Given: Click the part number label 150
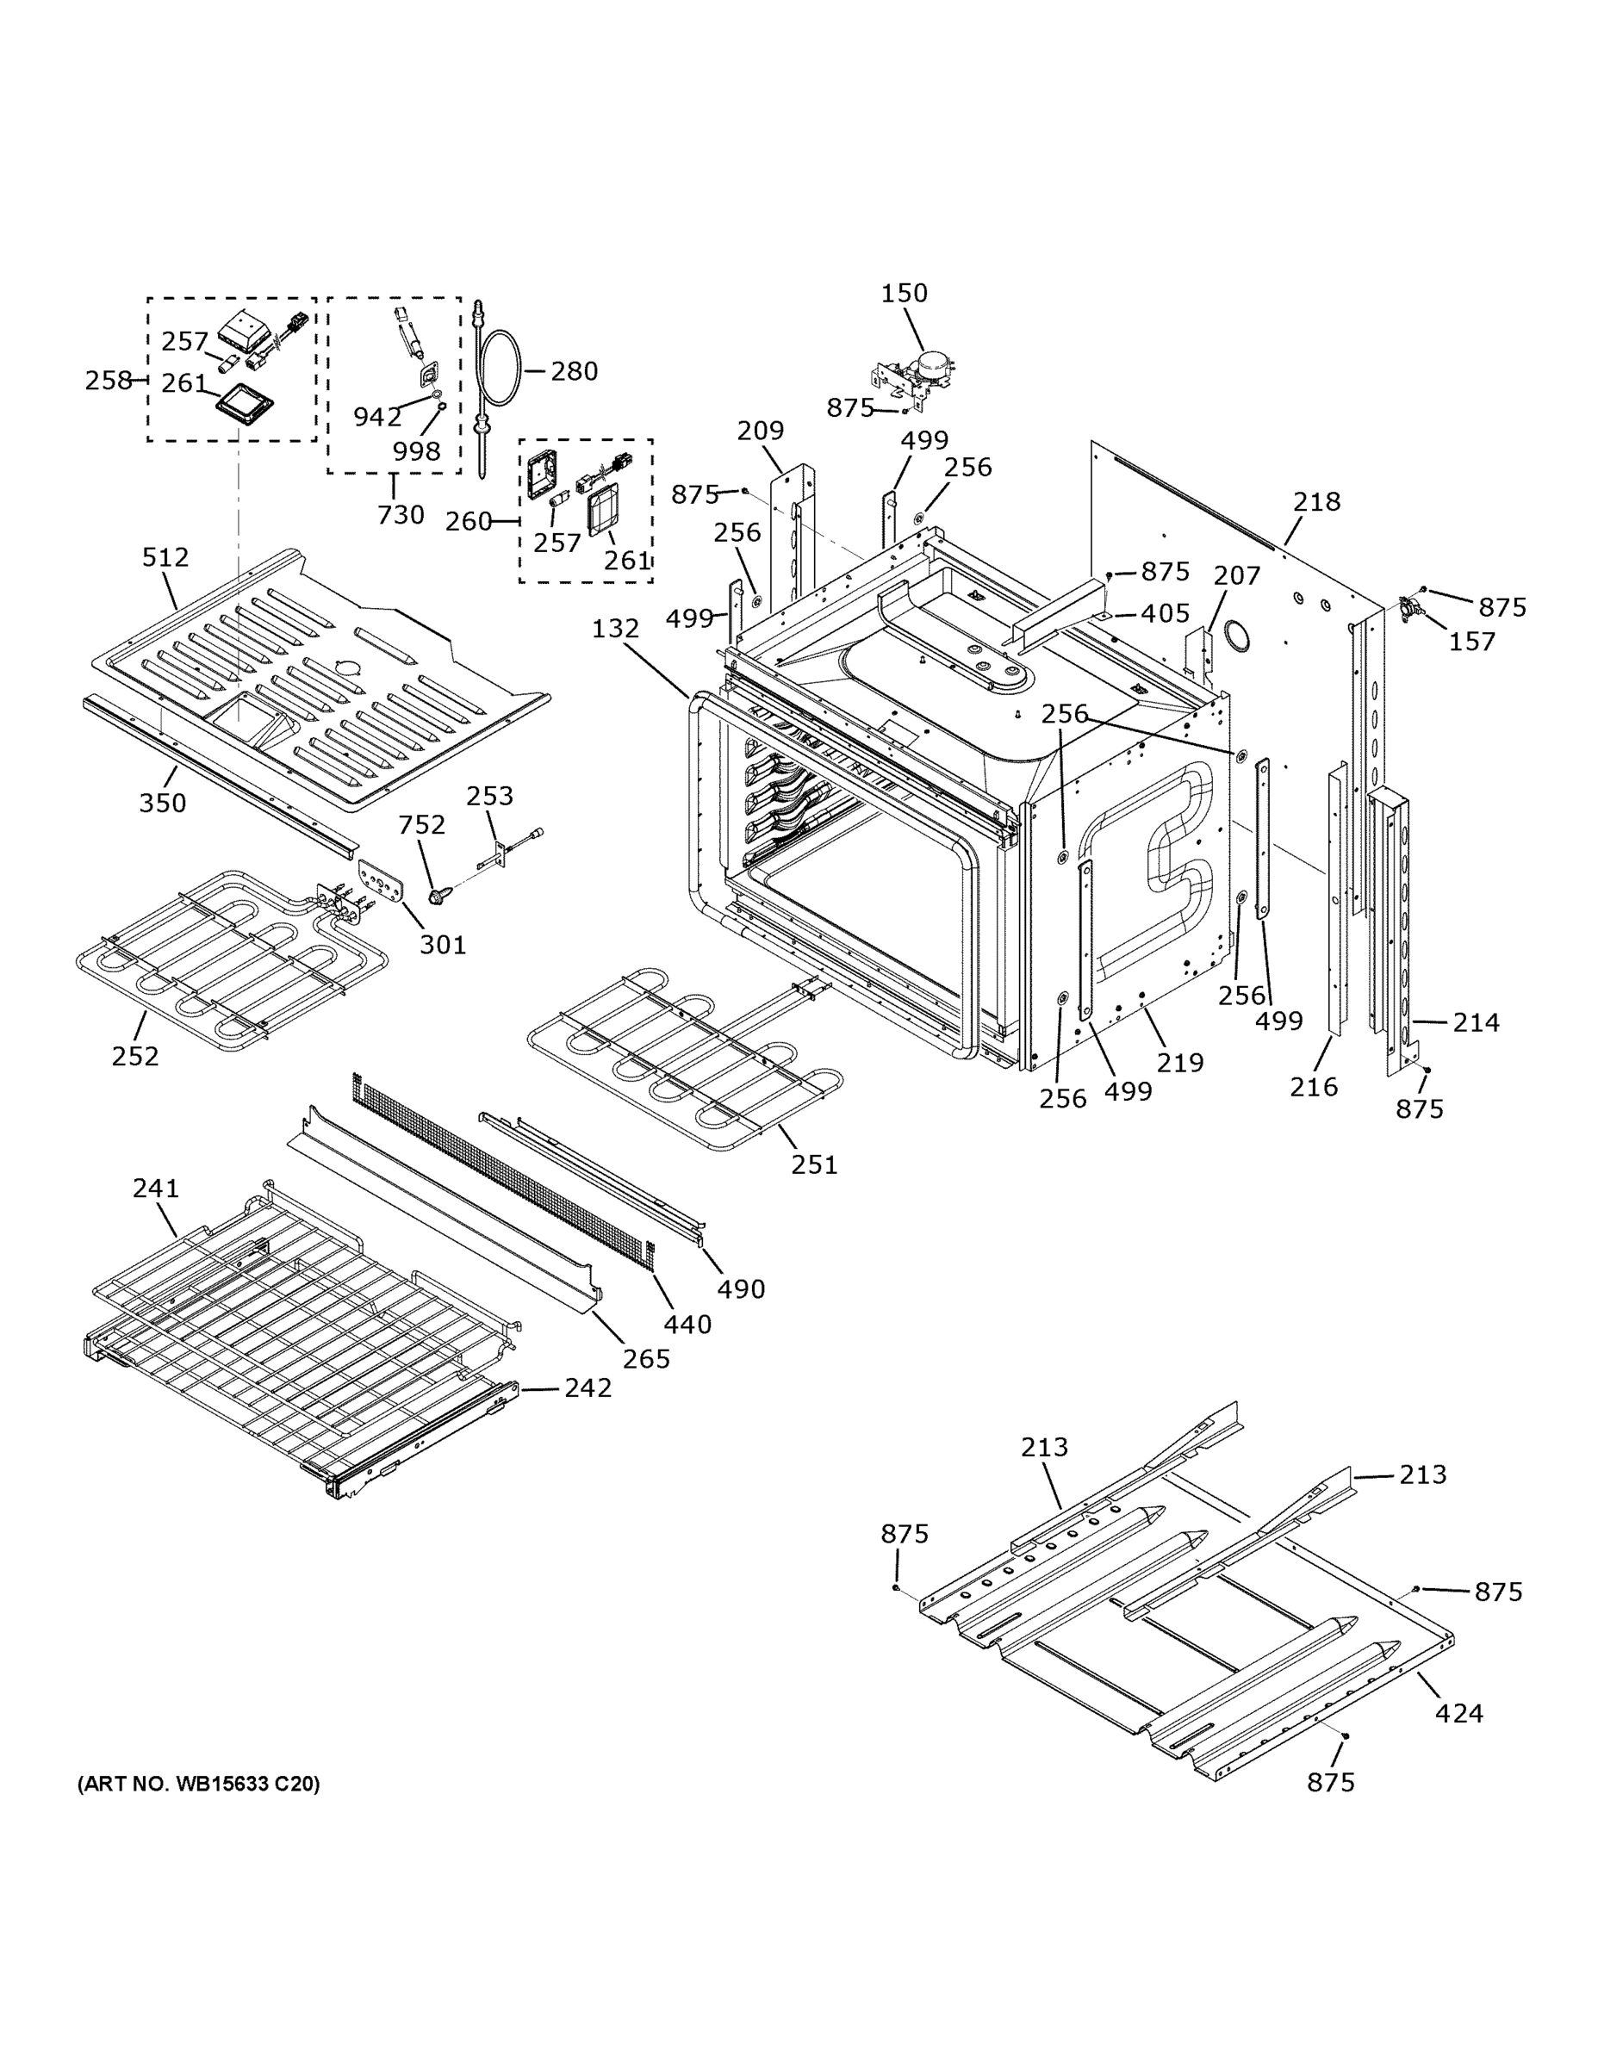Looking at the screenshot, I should (x=904, y=294).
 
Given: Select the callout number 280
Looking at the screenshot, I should (x=574, y=371).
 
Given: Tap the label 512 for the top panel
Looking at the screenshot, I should (x=165, y=557).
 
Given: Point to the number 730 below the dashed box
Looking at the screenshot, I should (x=401, y=515).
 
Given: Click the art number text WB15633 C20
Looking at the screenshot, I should (x=198, y=1784).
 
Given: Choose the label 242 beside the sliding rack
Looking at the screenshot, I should (x=588, y=1387).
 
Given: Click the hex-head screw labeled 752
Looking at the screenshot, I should (x=437, y=893).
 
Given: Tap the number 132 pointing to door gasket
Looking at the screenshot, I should (x=615, y=629).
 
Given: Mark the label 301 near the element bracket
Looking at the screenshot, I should (x=442, y=945).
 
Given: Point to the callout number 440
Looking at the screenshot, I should (x=687, y=1324).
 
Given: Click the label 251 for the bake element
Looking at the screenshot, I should (x=814, y=1164).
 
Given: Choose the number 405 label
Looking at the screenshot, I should (x=1165, y=613).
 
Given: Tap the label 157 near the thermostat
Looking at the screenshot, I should (x=1472, y=642).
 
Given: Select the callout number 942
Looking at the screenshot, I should (x=376, y=417).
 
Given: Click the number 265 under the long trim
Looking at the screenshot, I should (x=647, y=1358).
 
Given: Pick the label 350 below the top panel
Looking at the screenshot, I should (x=163, y=803).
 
